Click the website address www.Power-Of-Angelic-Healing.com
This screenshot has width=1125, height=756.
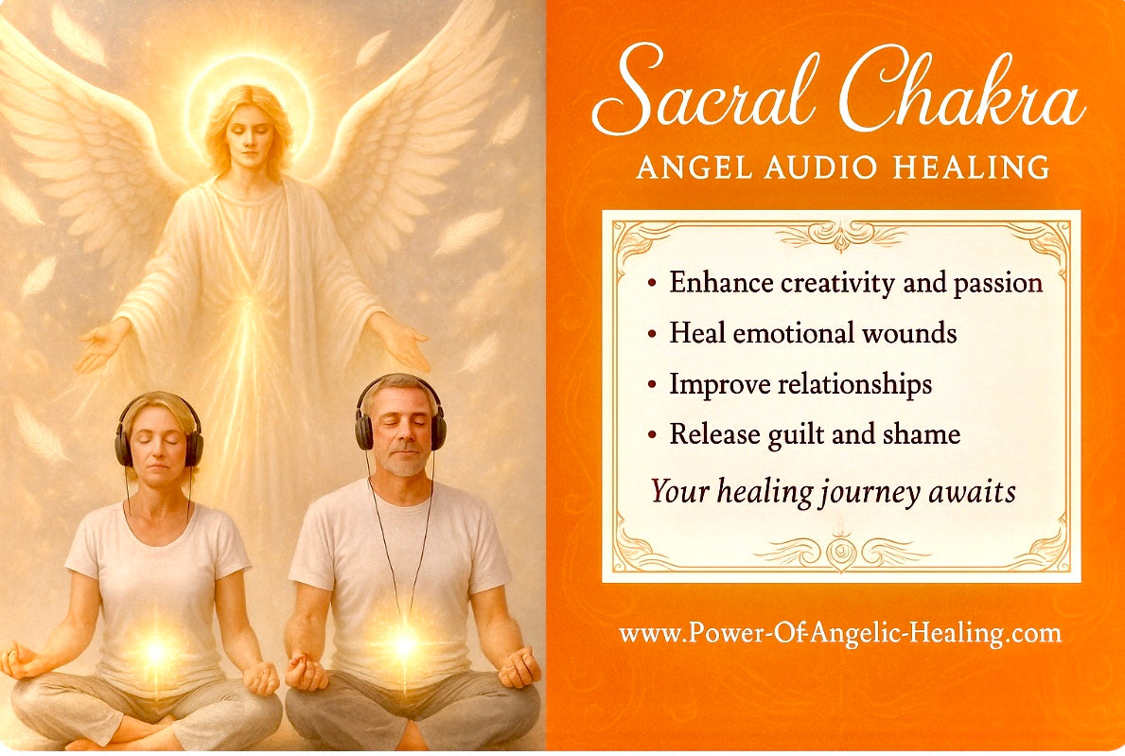839,634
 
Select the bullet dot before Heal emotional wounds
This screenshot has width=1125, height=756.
652,335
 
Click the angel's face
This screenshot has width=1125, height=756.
249,136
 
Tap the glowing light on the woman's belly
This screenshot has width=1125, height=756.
156,651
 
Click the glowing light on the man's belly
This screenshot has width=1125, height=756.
404,643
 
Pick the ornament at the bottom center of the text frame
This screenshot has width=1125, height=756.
841,552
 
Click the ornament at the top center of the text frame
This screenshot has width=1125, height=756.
841,236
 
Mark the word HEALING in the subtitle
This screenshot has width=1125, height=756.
972,167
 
